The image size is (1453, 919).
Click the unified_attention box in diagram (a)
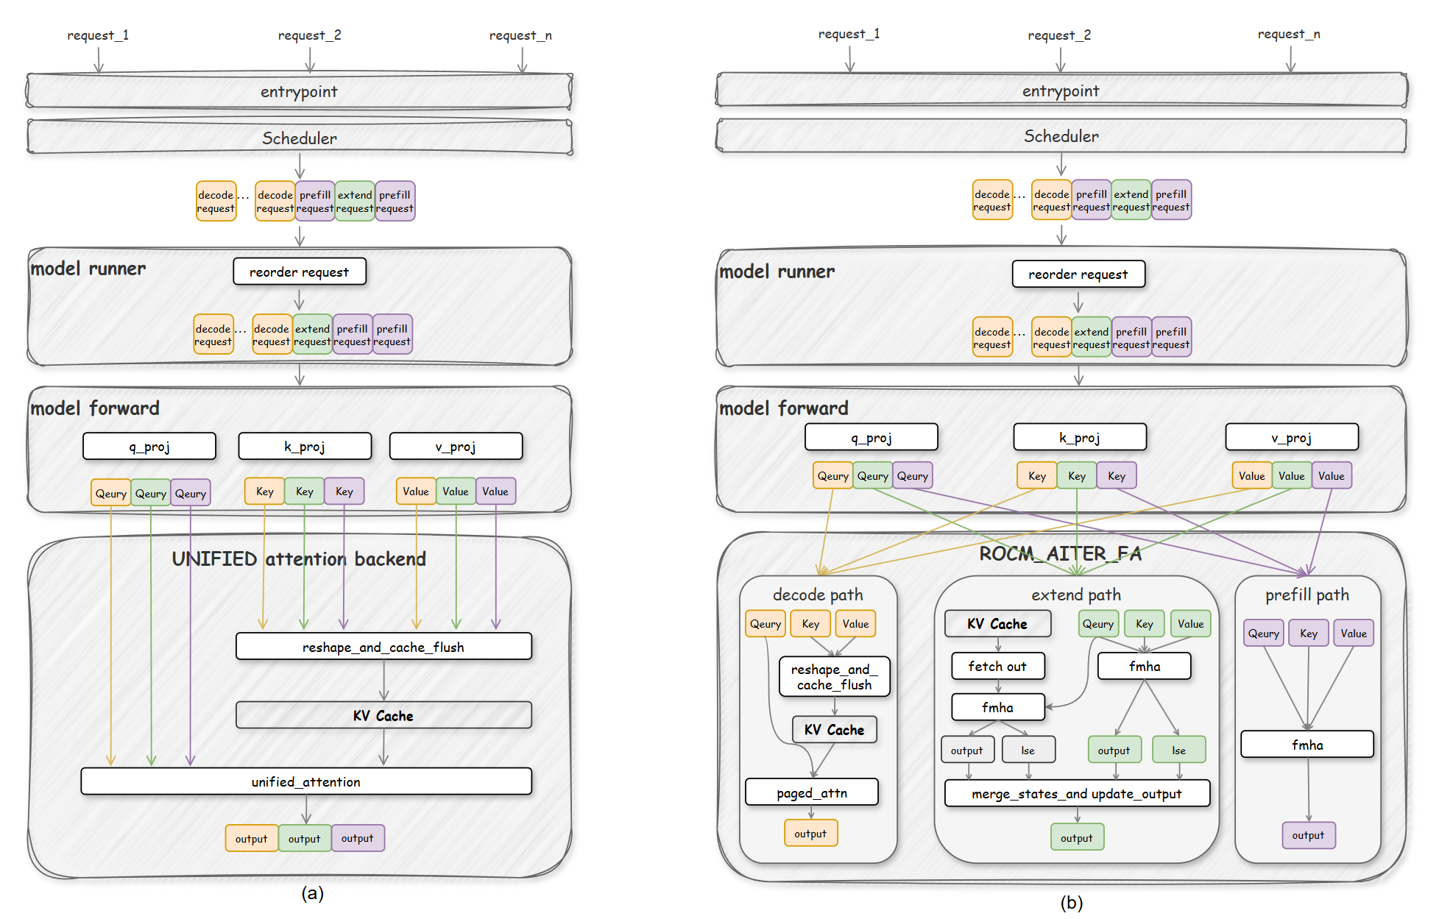(306, 781)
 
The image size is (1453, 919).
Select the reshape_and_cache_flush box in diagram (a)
(383, 647)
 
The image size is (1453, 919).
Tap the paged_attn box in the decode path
(812, 792)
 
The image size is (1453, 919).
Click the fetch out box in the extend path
(997, 666)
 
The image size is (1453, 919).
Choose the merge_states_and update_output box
(1077, 794)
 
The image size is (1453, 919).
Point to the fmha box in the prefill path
(1307, 745)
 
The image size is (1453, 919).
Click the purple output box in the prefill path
(1308, 835)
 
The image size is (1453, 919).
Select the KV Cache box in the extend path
(997, 624)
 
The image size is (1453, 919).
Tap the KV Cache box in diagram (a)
(383, 715)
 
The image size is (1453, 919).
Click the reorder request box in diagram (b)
(1078, 274)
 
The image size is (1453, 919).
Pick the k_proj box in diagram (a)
(305, 447)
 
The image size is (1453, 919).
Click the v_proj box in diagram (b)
(1292, 438)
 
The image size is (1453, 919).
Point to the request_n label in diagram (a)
(520, 35)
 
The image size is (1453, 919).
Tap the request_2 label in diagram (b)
(1059, 35)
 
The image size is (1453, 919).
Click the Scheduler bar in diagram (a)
(300, 138)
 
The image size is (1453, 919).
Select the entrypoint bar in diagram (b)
(1061, 91)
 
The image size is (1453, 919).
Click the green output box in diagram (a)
(305, 838)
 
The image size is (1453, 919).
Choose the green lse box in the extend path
(1179, 750)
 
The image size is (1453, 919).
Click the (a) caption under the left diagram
(313, 893)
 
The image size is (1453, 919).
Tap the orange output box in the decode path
(810, 834)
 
